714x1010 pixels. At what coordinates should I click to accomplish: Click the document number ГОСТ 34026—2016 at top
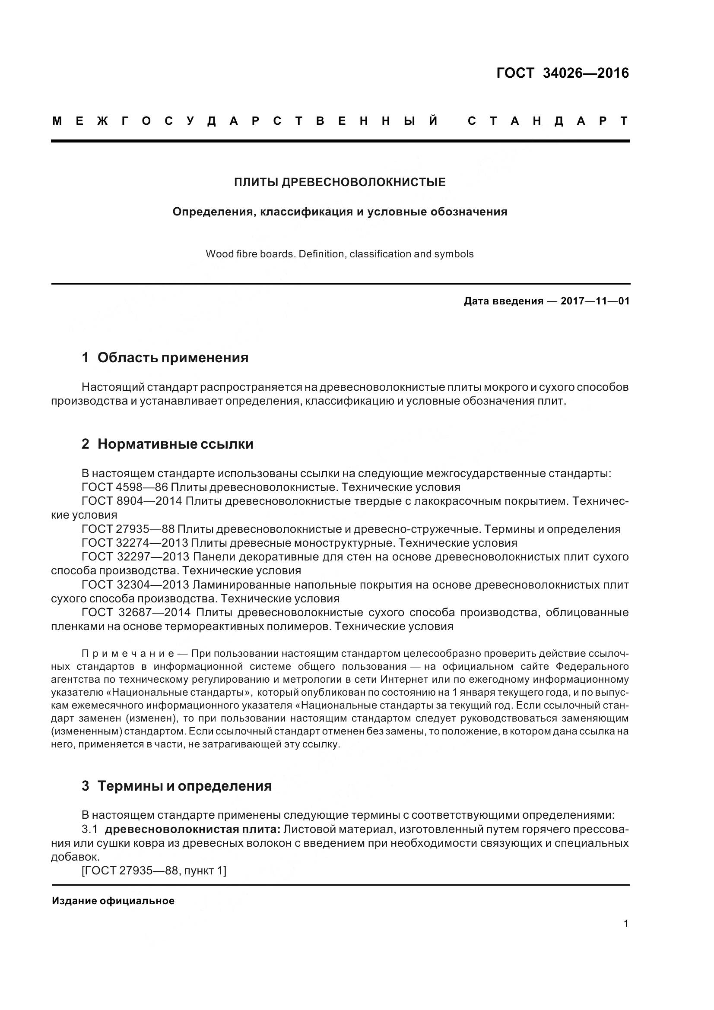[562, 73]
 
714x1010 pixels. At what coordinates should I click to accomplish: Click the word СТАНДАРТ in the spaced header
[548, 121]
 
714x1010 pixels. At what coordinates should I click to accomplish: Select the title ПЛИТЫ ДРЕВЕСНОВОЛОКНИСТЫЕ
[340, 182]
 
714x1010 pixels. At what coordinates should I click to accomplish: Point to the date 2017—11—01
[595, 301]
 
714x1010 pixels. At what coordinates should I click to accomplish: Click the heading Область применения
[172, 358]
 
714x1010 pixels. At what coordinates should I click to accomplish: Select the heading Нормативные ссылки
[175, 444]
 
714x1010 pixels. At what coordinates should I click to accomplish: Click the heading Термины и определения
[184, 785]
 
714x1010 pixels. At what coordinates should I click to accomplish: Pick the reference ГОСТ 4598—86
[124, 488]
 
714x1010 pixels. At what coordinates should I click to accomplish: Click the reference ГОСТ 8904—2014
[132, 501]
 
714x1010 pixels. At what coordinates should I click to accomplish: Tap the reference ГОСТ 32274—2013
[135, 543]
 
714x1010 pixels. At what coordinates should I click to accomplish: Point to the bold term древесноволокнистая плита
[193, 829]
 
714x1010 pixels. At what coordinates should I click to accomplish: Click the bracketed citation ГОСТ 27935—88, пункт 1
[154, 871]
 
